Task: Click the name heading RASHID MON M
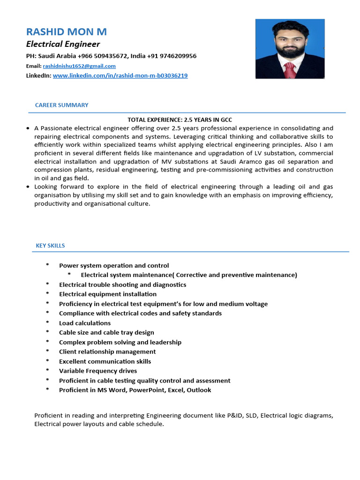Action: click(x=67, y=32)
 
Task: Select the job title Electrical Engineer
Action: click(x=63, y=44)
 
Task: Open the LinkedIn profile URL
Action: click(x=120, y=75)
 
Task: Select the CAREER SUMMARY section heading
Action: click(x=61, y=105)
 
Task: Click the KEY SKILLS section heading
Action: click(x=50, y=246)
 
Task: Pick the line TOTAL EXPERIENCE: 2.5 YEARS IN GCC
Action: click(x=180, y=120)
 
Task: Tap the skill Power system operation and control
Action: click(x=114, y=265)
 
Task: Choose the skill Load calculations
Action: click(x=85, y=323)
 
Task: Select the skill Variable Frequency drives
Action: click(x=98, y=371)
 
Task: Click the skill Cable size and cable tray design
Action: click(x=106, y=332)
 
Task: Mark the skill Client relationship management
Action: click(x=107, y=352)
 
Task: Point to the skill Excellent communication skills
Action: click(x=105, y=361)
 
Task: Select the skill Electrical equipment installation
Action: click(x=108, y=294)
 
